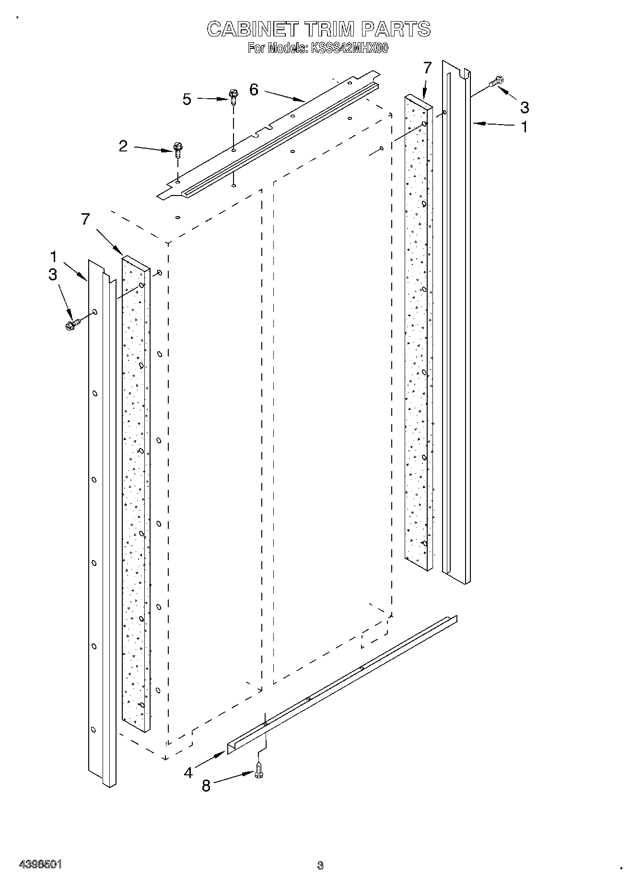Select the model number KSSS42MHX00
349,48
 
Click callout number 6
254,90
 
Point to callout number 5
187,99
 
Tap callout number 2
123,146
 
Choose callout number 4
188,772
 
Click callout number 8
206,786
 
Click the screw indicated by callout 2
177,150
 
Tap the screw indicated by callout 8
259,771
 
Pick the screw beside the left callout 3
71,324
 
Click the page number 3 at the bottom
320,865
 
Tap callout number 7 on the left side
85,219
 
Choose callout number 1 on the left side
54,256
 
